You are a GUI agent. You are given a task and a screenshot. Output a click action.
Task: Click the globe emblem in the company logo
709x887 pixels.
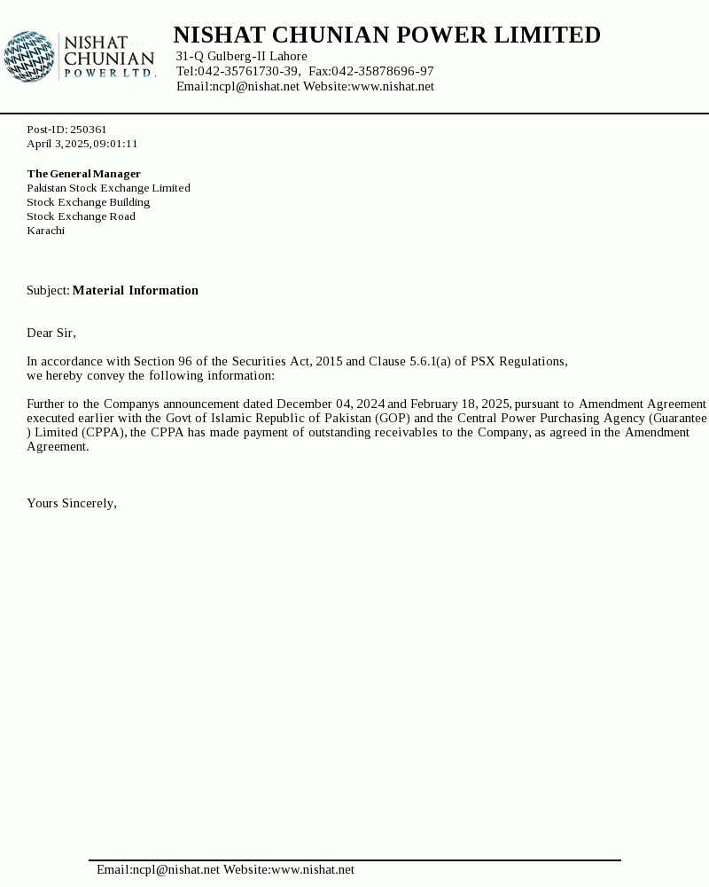coord(29,57)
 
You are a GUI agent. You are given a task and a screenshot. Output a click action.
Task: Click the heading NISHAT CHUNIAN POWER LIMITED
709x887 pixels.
coord(386,35)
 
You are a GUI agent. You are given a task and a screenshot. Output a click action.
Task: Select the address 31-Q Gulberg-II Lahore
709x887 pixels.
coord(241,57)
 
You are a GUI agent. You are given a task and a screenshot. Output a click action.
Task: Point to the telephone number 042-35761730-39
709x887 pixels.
coord(248,71)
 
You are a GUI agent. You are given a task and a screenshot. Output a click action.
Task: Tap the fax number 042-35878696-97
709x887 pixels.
coord(383,71)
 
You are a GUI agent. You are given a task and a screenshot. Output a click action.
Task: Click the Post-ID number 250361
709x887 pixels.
coord(89,130)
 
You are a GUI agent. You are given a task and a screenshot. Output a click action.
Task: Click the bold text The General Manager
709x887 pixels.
coord(83,174)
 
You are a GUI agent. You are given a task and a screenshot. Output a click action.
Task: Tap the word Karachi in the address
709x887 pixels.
coord(45,231)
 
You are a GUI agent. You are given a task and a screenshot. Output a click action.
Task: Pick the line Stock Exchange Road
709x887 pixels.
coord(81,216)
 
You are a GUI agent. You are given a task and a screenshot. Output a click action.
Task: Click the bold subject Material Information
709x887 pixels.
coord(135,290)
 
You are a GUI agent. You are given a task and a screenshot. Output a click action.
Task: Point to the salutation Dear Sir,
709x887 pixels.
coord(51,333)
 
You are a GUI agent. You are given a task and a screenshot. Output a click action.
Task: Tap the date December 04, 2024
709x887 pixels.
coord(330,404)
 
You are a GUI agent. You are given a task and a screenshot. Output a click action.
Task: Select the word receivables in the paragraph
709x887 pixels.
coord(407,432)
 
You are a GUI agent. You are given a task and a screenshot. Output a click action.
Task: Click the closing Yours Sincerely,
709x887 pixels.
coord(72,503)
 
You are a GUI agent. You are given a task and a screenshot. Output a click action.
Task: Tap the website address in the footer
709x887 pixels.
coord(313,870)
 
